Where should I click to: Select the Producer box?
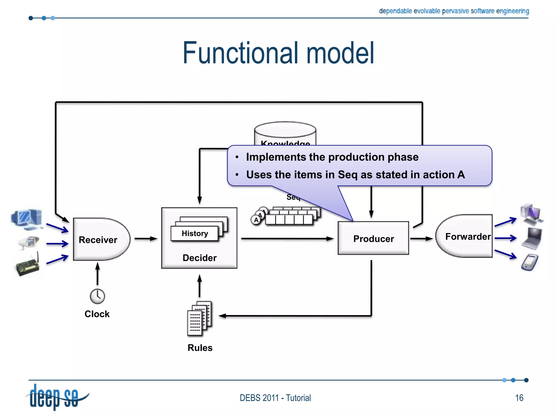pyautogui.click(x=373, y=238)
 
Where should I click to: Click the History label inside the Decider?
pyautogui.click(x=195, y=233)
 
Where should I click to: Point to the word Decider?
pyautogui.click(x=199, y=258)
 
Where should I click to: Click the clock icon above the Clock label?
pyautogui.click(x=97, y=296)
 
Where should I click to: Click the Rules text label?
pyautogui.click(x=200, y=348)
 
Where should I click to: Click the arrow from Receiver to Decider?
pyautogui.click(x=146, y=239)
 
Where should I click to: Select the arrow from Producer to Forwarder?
pyautogui.click(x=421, y=239)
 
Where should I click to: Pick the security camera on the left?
pyautogui.click(x=29, y=242)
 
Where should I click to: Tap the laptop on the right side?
pyautogui.click(x=532, y=238)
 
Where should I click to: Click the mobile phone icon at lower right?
pyautogui.click(x=530, y=262)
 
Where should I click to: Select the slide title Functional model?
pyautogui.click(x=278, y=53)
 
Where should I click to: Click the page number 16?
pyautogui.click(x=519, y=398)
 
